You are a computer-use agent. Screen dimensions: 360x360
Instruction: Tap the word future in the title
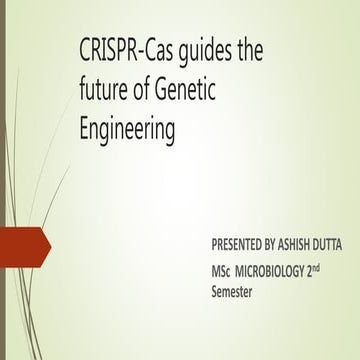tap(104, 93)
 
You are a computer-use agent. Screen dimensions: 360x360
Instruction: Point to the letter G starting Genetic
tap(168, 93)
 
